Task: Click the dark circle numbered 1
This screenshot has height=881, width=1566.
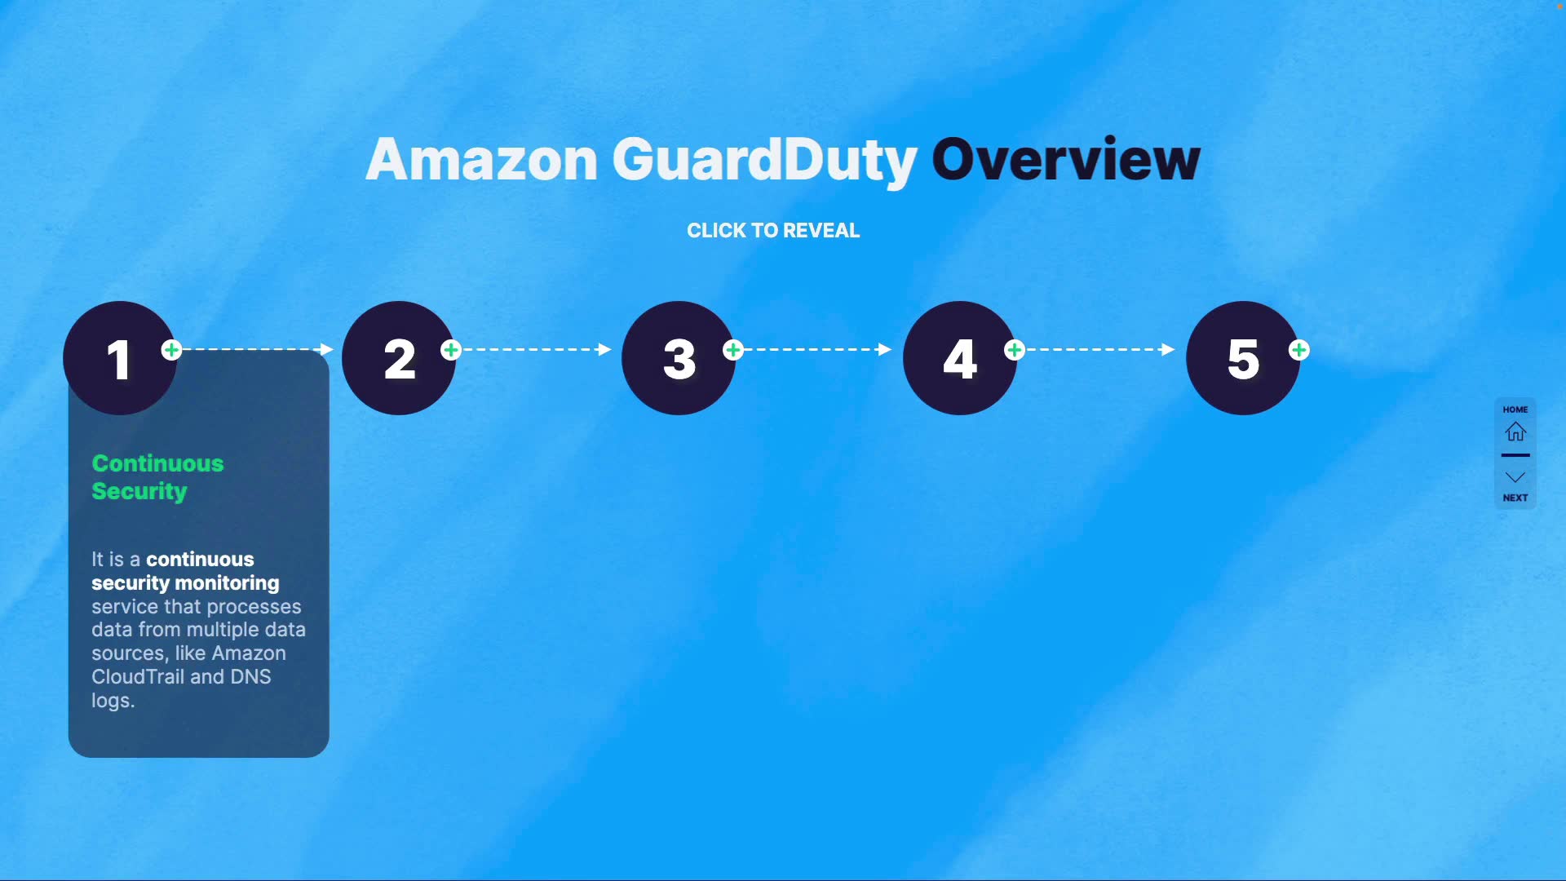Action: [119, 358]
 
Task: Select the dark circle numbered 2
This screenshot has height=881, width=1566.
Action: [399, 358]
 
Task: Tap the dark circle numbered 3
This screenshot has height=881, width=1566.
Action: [679, 358]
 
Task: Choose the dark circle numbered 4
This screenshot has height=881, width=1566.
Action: [960, 358]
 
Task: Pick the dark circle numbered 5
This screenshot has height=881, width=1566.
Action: [1242, 358]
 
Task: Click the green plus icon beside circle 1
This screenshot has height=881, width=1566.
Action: [171, 350]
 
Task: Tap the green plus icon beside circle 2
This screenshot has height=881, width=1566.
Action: [451, 350]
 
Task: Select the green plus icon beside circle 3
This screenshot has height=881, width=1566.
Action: [733, 350]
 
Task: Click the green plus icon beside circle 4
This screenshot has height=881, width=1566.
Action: [1015, 350]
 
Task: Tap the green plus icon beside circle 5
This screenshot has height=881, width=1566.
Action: [1298, 350]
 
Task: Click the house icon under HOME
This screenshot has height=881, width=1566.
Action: [1515, 431]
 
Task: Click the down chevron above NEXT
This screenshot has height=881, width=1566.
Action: [1515, 477]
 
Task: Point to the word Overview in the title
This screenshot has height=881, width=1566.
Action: [1065, 159]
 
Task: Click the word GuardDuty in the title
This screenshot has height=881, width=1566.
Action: [764, 161]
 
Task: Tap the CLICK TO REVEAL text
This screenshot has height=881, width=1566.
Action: [773, 231]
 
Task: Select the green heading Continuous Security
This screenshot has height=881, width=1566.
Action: [157, 477]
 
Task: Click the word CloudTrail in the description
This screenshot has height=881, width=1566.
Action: [137, 677]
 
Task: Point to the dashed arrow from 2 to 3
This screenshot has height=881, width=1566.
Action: [534, 349]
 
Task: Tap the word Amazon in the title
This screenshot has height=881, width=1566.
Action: [482, 159]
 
